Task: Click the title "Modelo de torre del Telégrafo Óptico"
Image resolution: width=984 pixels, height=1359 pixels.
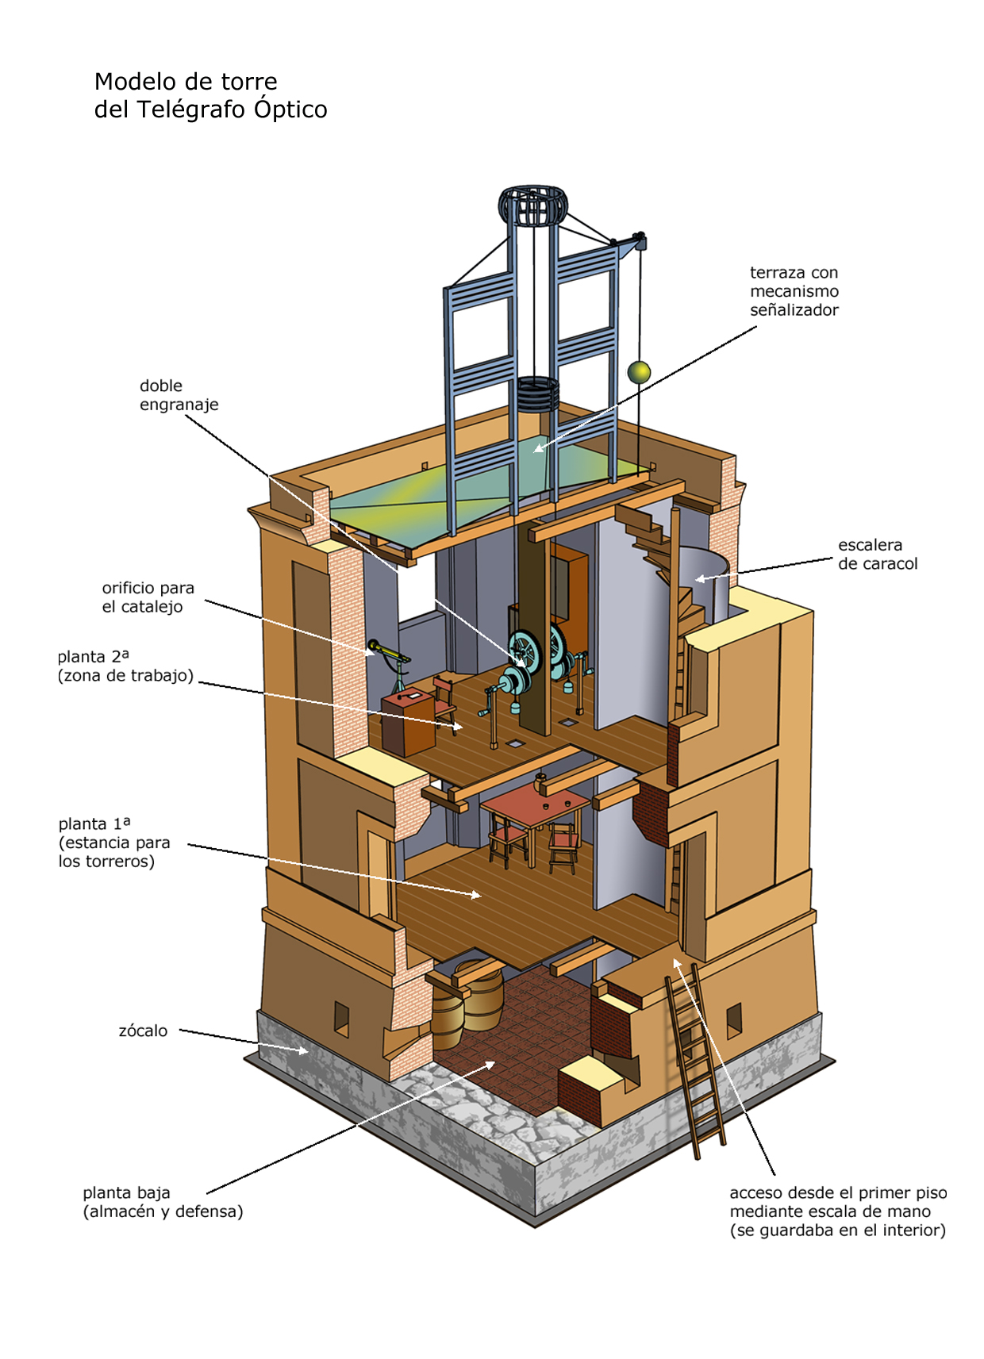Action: click(210, 95)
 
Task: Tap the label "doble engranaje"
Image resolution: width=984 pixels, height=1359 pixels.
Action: click(179, 395)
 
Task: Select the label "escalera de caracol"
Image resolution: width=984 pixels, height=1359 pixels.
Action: click(877, 555)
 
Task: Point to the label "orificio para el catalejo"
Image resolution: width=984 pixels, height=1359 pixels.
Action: click(148, 597)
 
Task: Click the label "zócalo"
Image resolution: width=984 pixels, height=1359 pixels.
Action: click(143, 1031)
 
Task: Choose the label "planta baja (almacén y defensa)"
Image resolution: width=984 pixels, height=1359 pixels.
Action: click(163, 1202)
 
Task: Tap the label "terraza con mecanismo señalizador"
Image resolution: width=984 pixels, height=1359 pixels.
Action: click(794, 291)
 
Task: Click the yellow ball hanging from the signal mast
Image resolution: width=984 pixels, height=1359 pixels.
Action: click(639, 371)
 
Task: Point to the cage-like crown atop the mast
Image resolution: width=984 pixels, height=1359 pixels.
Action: click(532, 205)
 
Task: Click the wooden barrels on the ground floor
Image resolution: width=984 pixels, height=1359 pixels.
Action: click(468, 1004)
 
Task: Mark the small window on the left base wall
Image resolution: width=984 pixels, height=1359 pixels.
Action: click(341, 1019)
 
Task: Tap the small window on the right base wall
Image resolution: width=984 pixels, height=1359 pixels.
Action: click(734, 1019)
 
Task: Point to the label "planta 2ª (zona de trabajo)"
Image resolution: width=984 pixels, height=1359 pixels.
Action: click(125, 666)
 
